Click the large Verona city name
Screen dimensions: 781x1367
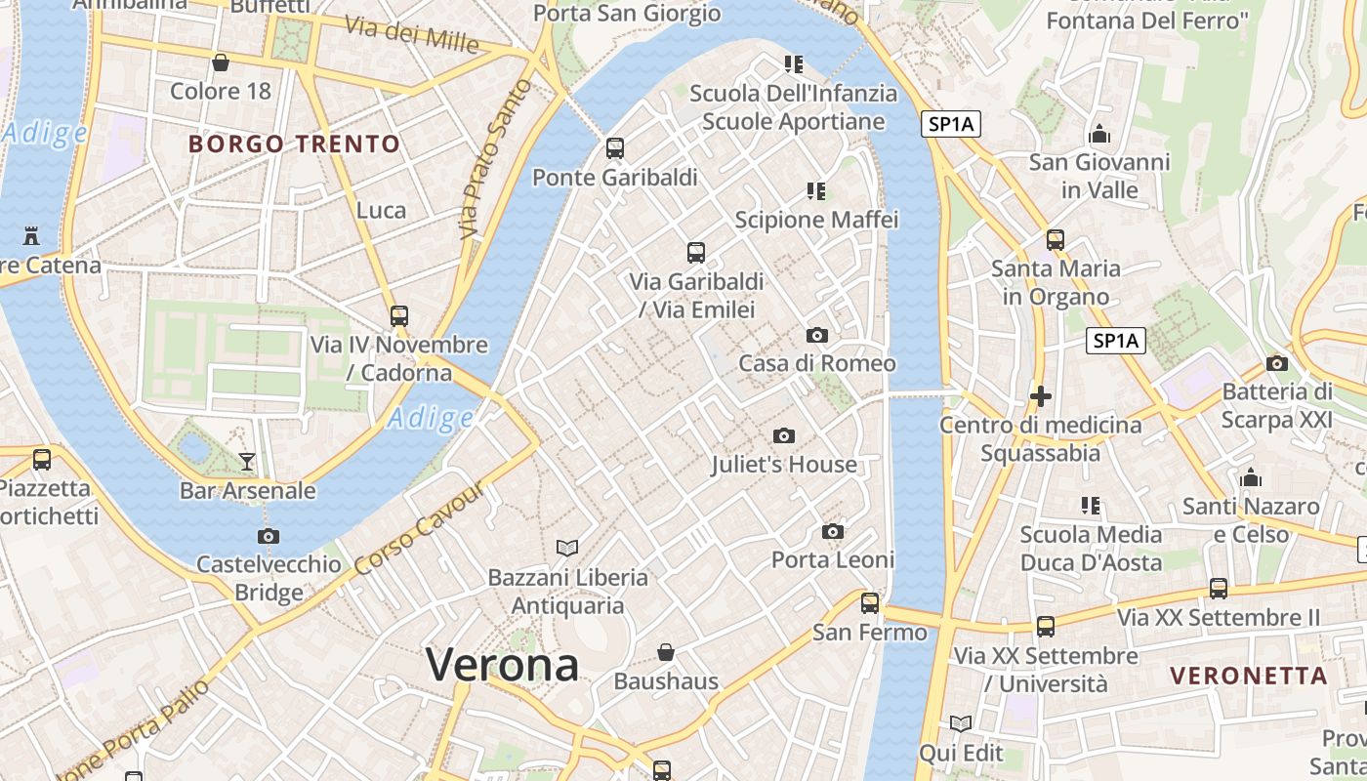coord(503,666)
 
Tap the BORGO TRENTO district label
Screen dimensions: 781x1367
coord(294,144)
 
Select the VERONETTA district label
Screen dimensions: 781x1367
coord(1249,676)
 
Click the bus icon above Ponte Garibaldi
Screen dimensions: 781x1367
coord(615,148)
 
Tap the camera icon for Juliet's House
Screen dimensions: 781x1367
coord(783,435)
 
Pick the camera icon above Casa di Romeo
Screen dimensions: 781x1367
coord(817,335)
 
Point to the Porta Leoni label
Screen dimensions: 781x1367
coord(833,559)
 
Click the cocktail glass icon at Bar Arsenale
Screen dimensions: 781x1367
coord(247,461)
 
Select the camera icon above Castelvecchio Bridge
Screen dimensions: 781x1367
coord(269,536)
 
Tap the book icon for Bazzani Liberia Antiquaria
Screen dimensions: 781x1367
coord(567,548)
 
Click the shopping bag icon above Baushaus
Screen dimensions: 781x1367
coord(666,651)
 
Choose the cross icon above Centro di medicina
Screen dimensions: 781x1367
coord(1041,396)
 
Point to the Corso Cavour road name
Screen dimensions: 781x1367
coord(420,530)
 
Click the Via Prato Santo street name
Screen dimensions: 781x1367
coord(496,159)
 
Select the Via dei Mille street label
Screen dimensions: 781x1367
coord(412,35)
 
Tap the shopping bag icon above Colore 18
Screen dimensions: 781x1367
coord(221,63)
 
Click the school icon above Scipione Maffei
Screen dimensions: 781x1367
coord(816,191)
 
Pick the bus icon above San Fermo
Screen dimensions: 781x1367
coord(870,603)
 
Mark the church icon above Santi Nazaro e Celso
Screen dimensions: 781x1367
coord(1251,478)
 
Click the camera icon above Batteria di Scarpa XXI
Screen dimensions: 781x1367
coord(1276,364)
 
